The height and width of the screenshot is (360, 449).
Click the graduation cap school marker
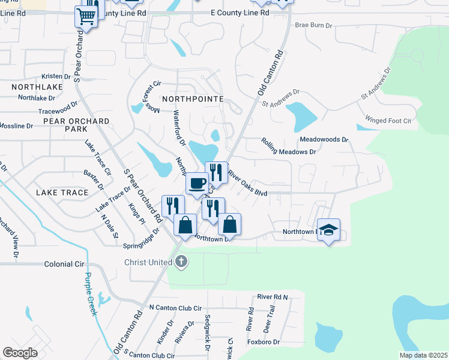point(328,230)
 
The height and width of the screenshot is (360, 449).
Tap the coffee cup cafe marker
point(197,183)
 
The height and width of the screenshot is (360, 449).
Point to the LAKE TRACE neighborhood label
point(62,193)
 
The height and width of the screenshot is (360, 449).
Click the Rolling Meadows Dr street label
point(289,147)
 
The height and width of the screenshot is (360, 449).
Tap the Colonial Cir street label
point(64,264)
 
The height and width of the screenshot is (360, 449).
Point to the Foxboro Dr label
point(264,342)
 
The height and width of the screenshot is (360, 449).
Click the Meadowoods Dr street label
point(324,139)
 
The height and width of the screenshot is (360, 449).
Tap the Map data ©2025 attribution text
point(423,355)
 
